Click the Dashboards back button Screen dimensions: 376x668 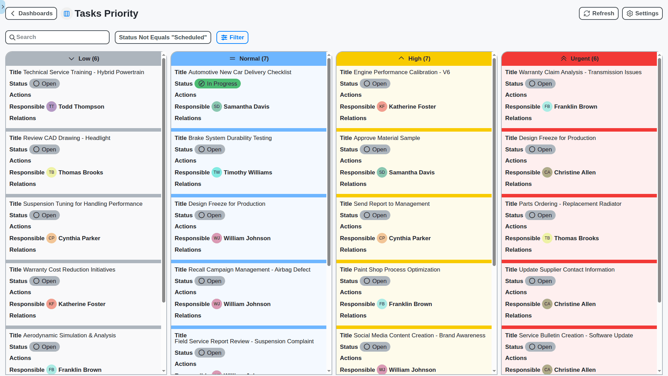(31, 14)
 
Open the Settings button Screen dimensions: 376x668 (642, 14)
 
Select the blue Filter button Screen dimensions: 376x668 (232, 37)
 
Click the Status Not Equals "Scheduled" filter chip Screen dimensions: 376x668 (163, 37)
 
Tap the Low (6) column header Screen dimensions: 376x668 (84, 58)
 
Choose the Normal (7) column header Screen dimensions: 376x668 (249, 58)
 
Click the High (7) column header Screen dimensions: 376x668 (414, 58)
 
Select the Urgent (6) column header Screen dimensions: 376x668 (580, 58)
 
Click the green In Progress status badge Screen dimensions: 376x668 (218, 84)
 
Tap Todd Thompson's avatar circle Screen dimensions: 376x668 (51, 107)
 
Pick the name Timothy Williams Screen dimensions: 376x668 (248, 172)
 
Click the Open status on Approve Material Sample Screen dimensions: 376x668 (375, 149)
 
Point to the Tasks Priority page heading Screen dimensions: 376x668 (106, 14)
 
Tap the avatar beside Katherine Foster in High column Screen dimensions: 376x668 (382, 107)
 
